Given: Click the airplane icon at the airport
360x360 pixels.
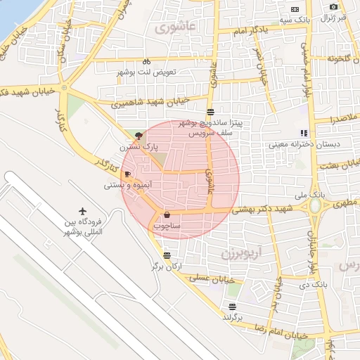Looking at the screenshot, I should coord(83,211).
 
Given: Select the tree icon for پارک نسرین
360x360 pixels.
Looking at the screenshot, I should coord(139,136).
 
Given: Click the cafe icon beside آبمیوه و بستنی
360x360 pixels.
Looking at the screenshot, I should coord(127,174).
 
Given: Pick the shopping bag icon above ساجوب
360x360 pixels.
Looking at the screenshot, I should coord(167,214).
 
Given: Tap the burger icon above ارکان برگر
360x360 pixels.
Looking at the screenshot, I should coord(167,255).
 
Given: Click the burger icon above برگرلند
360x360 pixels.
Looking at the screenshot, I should coord(232,306).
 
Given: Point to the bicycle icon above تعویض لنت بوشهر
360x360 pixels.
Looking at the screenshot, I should coord(146,61).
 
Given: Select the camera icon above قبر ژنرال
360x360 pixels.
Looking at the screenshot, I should coord(333,7).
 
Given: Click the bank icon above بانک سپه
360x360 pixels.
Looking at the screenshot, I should coord(295,8).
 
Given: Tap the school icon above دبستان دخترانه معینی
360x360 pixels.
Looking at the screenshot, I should coord(304,132).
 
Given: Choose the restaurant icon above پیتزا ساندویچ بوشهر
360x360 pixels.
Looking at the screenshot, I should coord(210,112).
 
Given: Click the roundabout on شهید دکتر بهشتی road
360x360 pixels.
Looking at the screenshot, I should coord(314,205).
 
